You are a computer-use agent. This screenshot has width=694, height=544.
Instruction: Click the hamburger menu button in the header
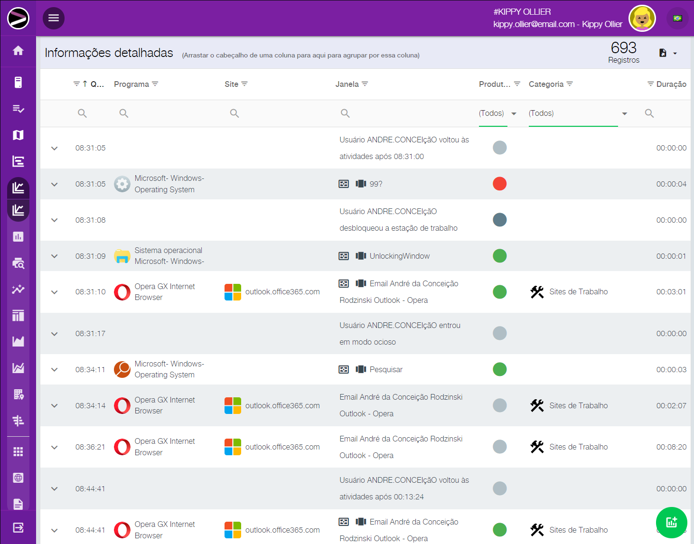54,18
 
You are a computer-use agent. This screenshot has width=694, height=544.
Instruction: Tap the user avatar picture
642,19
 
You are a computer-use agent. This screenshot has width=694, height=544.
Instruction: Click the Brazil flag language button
677,19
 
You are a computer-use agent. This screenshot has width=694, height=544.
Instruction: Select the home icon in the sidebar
18,51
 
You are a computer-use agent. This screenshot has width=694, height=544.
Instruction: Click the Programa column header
131,84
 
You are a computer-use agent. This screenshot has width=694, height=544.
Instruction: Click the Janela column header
347,84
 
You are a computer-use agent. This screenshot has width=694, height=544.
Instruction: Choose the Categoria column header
546,84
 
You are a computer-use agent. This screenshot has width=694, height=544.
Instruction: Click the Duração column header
671,84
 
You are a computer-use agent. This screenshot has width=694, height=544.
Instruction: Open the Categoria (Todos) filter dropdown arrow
624,113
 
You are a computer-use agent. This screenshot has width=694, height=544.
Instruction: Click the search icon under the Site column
234,113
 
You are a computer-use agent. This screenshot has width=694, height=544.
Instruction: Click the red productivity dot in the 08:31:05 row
499,184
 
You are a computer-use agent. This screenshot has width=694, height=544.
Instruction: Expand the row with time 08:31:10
55,292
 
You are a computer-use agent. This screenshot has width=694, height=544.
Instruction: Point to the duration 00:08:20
671,447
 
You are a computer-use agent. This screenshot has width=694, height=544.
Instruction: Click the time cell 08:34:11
90,369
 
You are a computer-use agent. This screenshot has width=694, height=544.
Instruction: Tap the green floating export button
671,523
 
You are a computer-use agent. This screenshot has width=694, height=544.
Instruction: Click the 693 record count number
623,47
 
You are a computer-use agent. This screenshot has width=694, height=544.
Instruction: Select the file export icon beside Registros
663,53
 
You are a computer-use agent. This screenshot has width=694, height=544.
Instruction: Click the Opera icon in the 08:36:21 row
122,447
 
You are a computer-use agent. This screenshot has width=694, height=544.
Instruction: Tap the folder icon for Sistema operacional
122,256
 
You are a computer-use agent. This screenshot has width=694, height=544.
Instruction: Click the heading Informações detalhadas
109,53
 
